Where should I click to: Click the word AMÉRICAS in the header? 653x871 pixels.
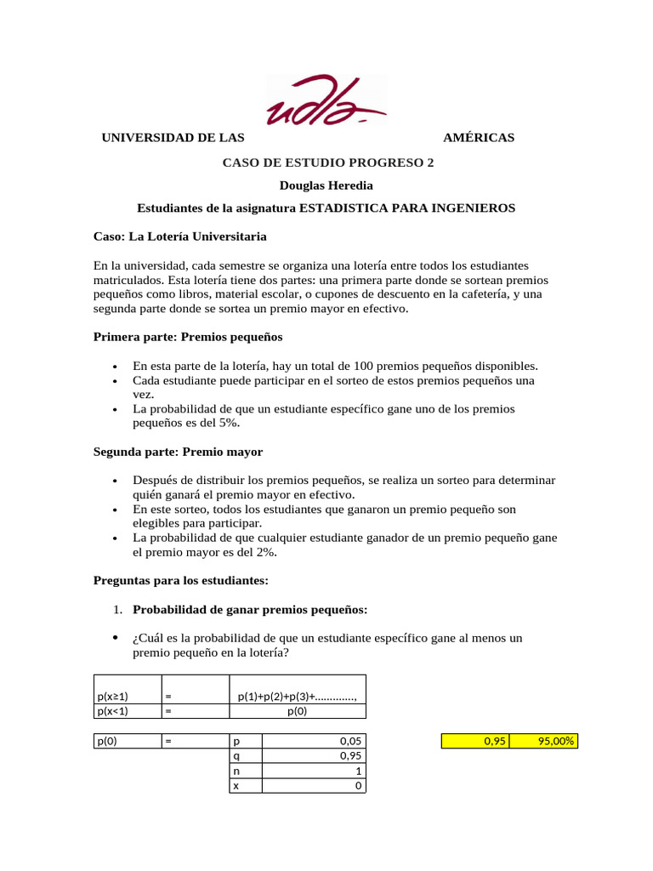(x=479, y=138)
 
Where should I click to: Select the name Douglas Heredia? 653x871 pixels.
(x=326, y=185)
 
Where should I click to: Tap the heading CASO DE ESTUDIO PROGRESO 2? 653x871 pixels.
(x=327, y=162)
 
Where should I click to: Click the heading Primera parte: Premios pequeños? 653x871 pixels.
(x=187, y=337)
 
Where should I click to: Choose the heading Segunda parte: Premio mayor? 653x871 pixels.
(x=178, y=452)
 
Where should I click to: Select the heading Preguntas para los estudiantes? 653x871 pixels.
(x=180, y=580)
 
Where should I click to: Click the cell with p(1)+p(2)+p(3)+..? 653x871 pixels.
(x=298, y=697)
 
